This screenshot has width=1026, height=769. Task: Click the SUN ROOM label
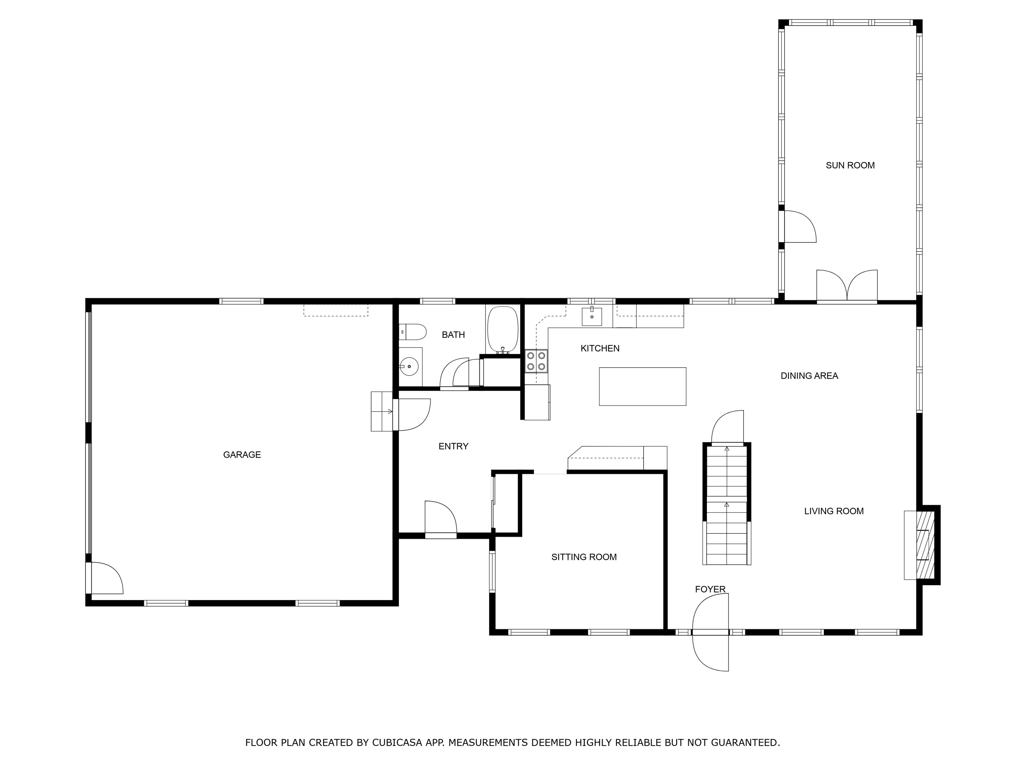850,165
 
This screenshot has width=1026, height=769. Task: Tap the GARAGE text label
242,455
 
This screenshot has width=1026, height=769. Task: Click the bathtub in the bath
502,329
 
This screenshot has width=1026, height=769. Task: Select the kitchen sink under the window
592,316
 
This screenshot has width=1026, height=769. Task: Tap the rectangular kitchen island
642,386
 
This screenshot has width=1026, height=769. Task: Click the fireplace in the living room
923,545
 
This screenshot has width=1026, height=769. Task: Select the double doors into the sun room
846,285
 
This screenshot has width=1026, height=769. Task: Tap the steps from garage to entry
382,411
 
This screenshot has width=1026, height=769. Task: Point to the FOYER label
710,589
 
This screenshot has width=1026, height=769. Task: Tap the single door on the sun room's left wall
799,227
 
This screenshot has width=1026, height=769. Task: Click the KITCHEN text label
600,349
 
